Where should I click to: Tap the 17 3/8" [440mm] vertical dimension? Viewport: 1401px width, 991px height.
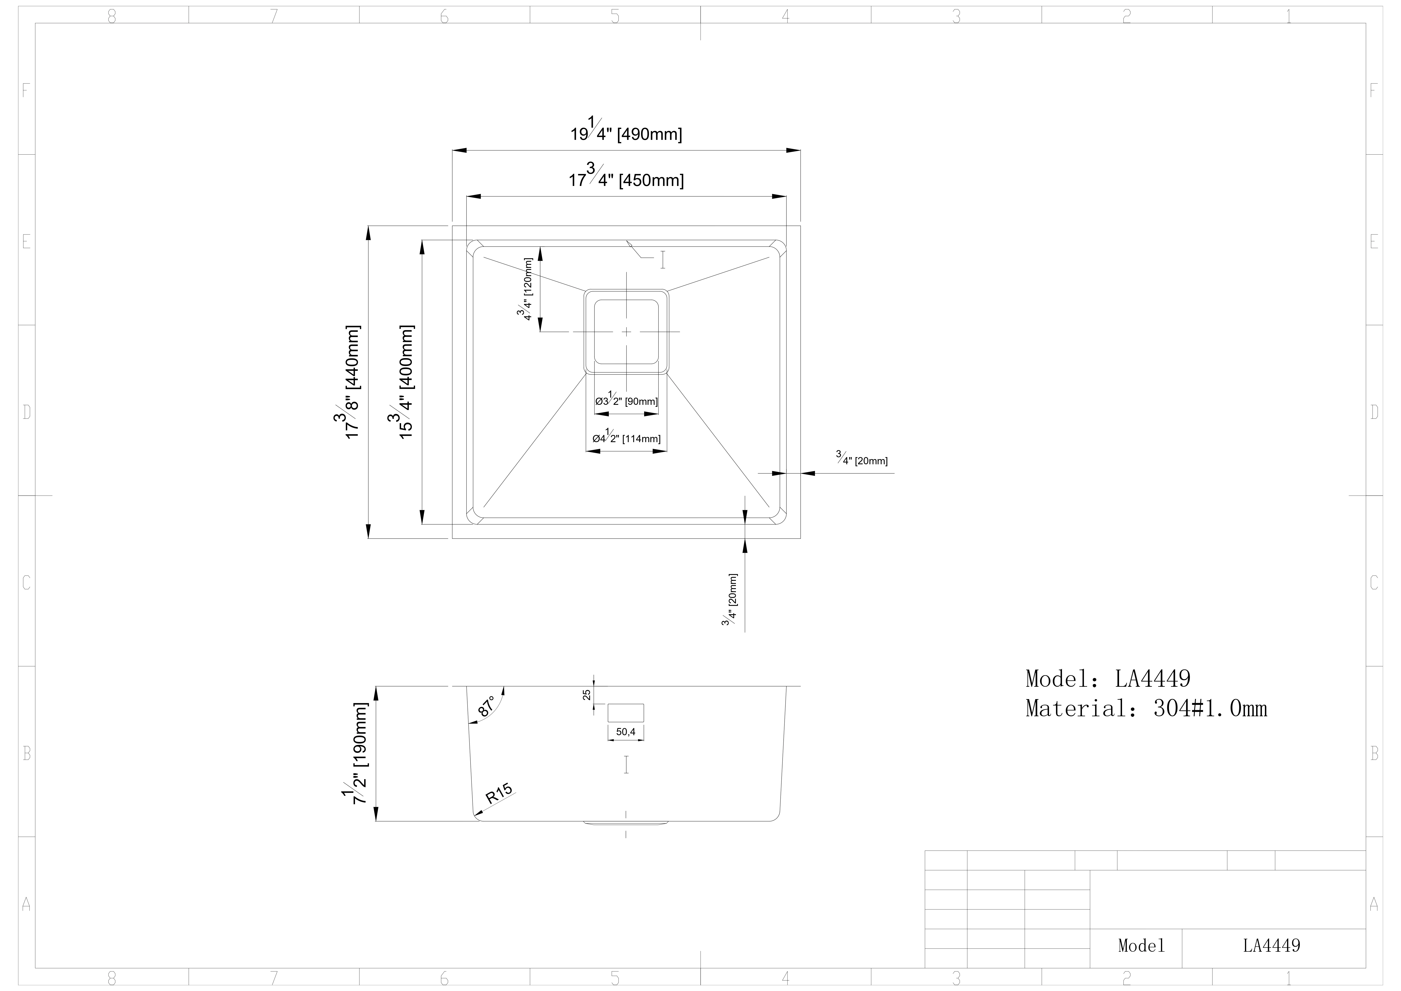(x=351, y=382)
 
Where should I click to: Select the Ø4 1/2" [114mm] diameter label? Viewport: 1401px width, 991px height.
(x=626, y=437)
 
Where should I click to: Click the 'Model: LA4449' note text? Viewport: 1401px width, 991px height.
(x=1107, y=679)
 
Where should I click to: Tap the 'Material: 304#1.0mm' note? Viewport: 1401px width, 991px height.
(x=1146, y=708)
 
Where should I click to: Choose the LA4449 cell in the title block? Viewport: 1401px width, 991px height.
(x=1272, y=946)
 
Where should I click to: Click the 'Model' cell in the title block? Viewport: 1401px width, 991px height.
(x=1141, y=946)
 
